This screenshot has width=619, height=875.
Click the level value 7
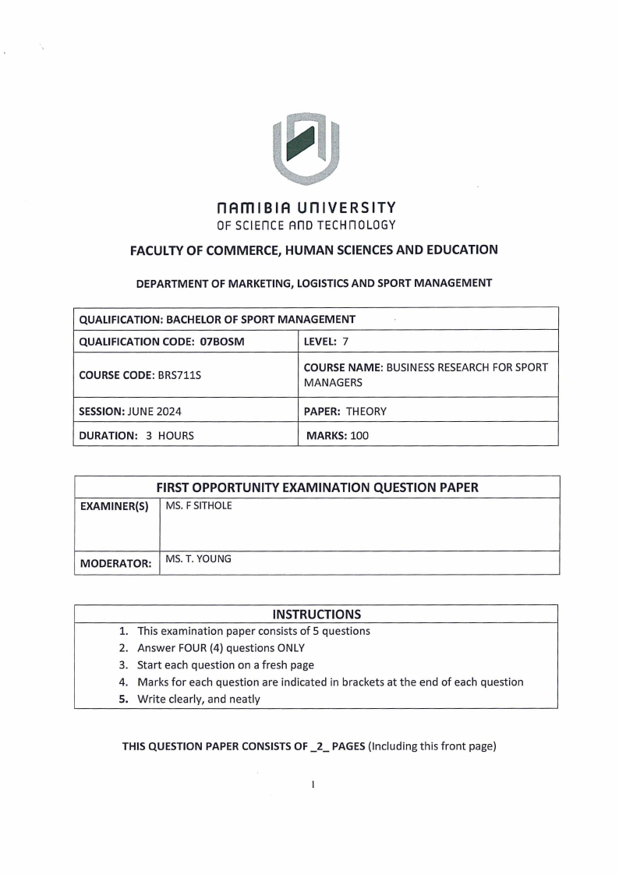[345, 341]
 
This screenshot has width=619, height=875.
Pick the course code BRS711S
[179, 374]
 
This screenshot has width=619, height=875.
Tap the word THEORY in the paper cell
[366, 410]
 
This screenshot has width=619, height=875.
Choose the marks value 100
[359, 435]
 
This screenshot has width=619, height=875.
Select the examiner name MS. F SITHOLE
[199, 506]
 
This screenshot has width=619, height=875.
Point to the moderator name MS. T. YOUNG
[199, 559]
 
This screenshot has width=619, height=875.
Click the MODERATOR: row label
[115, 563]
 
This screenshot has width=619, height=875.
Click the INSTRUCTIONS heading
[317, 614]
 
